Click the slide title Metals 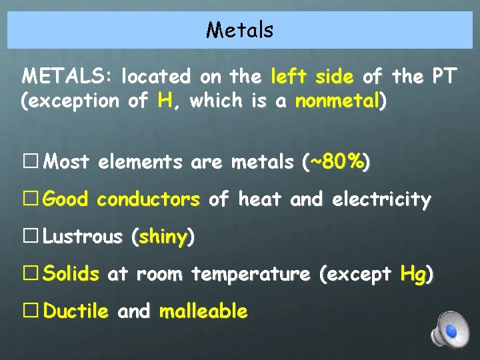(x=239, y=30)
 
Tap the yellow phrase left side (x=312, y=77)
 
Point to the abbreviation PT (x=443, y=77)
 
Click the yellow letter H (x=165, y=101)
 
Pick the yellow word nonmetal (x=337, y=102)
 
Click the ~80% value (x=337, y=162)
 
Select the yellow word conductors (x=149, y=199)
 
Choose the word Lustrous (x=83, y=237)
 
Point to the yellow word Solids (x=71, y=274)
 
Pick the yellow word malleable (x=203, y=311)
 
